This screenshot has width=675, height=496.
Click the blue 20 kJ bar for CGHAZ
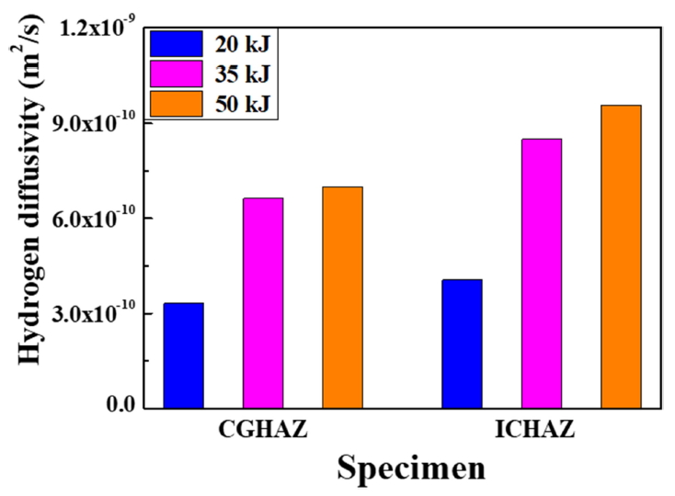pos(183,355)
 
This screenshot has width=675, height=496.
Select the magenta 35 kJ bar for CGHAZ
pos(263,302)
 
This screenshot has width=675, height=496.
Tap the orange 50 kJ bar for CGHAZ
pos(342,297)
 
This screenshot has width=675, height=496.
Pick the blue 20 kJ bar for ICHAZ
pos(462,343)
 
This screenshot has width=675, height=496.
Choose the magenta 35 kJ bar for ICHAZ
pos(542,273)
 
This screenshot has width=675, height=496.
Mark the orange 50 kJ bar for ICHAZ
pos(621,256)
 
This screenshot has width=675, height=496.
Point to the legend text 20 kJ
pos(245,43)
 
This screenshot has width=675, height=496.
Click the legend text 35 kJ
pos(245,73)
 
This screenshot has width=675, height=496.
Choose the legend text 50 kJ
pos(245,104)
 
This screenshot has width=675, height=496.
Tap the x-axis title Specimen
pos(411,468)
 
